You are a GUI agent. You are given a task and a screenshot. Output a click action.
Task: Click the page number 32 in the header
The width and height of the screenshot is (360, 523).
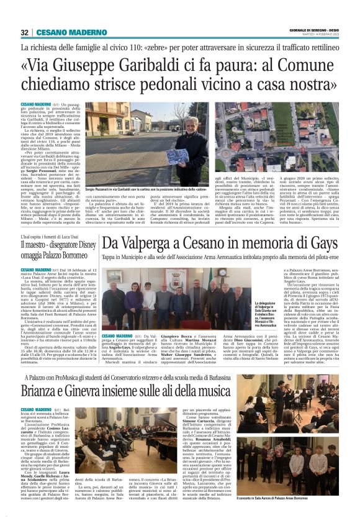[25, 32]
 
